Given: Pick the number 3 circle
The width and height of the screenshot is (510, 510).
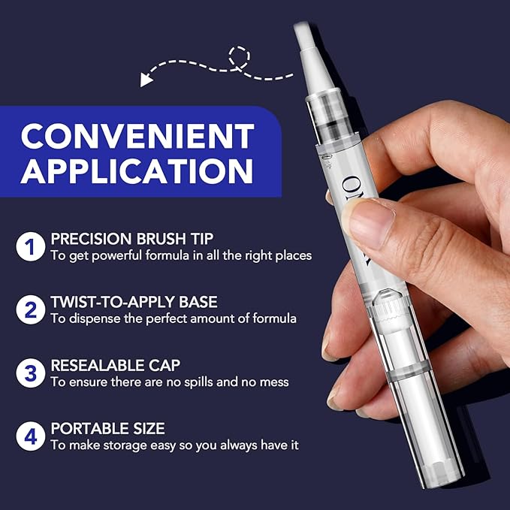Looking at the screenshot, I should [30, 373].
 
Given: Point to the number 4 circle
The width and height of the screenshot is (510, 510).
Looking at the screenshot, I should [30, 436].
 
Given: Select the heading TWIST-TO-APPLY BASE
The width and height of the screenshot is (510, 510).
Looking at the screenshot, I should [134, 302].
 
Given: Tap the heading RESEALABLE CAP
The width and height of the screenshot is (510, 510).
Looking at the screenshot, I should [115, 365].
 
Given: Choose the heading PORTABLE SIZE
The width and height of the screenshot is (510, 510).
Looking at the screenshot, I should [107, 428].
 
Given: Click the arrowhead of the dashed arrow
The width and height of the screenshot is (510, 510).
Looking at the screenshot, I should [146, 77].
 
